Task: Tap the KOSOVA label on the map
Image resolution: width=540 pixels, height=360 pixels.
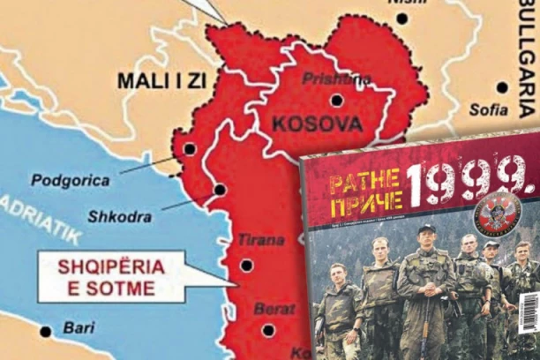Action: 318,123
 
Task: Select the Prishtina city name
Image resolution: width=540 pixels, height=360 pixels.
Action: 336,79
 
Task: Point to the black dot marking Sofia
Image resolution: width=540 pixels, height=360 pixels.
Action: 502,87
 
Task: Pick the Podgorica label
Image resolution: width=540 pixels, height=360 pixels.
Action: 71,181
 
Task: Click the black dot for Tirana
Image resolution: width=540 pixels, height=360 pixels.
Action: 246,265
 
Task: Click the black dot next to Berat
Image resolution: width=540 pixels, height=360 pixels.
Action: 268,331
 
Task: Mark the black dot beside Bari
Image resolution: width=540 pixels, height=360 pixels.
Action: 46,332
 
